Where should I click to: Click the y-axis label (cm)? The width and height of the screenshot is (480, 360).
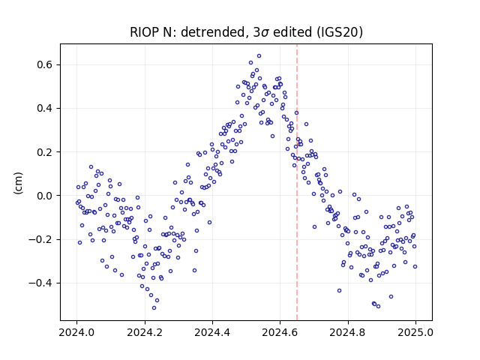click(x=18, y=183)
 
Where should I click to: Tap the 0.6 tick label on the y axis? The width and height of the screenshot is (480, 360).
click(x=45, y=65)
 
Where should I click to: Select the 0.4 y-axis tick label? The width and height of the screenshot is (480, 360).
click(x=45, y=108)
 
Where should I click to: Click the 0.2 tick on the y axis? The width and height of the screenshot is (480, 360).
click(x=45, y=152)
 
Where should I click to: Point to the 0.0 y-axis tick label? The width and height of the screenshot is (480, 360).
click(x=45, y=196)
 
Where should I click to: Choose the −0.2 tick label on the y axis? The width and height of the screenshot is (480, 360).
click(x=41, y=239)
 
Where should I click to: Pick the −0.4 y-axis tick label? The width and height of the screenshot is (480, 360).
click(x=41, y=283)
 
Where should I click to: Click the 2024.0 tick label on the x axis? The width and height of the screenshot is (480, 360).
click(x=76, y=332)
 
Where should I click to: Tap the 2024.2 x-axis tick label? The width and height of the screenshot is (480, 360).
click(x=145, y=332)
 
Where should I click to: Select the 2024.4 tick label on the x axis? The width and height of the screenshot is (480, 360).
click(x=212, y=332)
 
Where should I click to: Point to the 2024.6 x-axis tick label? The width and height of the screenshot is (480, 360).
click(x=280, y=332)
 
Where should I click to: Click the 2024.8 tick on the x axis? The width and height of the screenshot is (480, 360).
click(x=348, y=332)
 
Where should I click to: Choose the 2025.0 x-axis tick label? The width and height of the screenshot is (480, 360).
click(x=415, y=332)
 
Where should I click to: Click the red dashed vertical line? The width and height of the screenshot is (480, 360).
click(x=297, y=182)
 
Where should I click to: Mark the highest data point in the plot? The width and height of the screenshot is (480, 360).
click(x=259, y=56)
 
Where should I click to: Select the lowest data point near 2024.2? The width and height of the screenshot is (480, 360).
click(x=154, y=308)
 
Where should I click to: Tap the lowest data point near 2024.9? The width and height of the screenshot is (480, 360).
click(x=378, y=307)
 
